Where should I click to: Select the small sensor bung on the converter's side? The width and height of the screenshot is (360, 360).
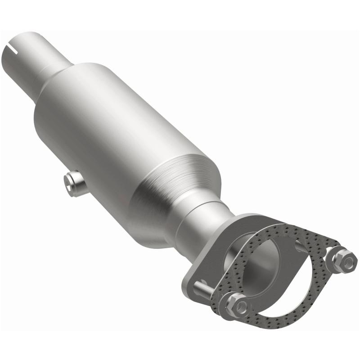(75, 182)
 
